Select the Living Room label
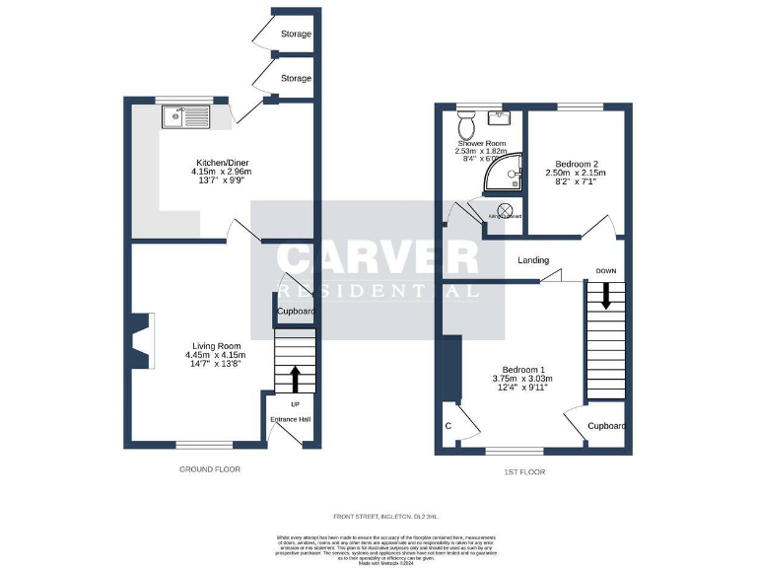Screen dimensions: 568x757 216,346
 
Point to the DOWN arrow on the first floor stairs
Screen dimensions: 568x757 606,295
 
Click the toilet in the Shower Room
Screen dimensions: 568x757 467,125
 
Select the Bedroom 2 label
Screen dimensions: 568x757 577,163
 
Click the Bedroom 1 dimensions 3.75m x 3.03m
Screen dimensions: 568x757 522,378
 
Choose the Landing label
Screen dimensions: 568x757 533,260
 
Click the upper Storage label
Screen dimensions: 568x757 296,35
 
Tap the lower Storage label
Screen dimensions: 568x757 296,78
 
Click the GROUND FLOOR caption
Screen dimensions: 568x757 209,469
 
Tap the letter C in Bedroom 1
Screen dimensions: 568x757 448,426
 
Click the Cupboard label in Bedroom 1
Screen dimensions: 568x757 607,426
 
